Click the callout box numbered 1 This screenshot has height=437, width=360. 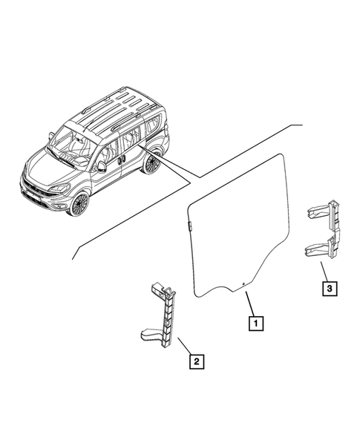pyautogui.click(x=255, y=323)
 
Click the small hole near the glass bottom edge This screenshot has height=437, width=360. pyautogui.click(x=243, y=283)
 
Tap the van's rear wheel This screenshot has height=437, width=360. pyautogui.click(x=152, y=162)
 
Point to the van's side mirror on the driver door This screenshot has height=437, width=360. pyautogui.click(x=102, y=165)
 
